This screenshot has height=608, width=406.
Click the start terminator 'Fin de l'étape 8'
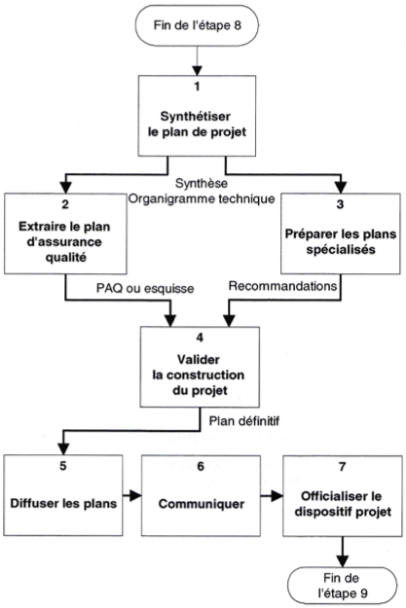click(x=197, y=25)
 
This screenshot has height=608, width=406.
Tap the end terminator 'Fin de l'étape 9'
click(x=342, y=586)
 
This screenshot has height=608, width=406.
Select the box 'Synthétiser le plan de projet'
click(x=197, y=116)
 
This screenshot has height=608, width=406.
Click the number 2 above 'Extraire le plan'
click(x=65, y=204)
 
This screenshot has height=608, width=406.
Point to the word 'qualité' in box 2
click(x=65, y=258)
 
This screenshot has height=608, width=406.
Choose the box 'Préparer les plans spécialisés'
click(x=341, y=233)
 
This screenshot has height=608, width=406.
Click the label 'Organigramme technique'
click(x=202, y=198)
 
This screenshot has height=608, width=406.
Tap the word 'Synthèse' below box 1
click(x=202, y=183)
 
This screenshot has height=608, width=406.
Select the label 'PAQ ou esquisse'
click(x=145, y=289)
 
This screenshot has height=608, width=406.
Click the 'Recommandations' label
click(x=282, y=286)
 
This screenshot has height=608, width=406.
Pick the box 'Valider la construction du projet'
click(x=200, y=367)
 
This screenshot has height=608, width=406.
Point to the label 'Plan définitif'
click(x=244, y=420)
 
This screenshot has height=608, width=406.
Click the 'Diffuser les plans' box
click(x=63, y=495)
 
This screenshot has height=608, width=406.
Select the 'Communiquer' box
click(x=201, y=496)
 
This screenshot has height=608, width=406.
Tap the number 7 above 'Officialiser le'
click(x=342, y=467)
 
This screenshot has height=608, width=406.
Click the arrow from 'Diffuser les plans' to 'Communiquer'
click(x=132, y=495)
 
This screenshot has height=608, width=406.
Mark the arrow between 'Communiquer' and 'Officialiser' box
click(x=272, y=495)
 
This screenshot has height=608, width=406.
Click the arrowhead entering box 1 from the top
click(x=198, y=70)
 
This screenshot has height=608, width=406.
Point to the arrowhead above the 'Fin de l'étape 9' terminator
click(x=343, y=561)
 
